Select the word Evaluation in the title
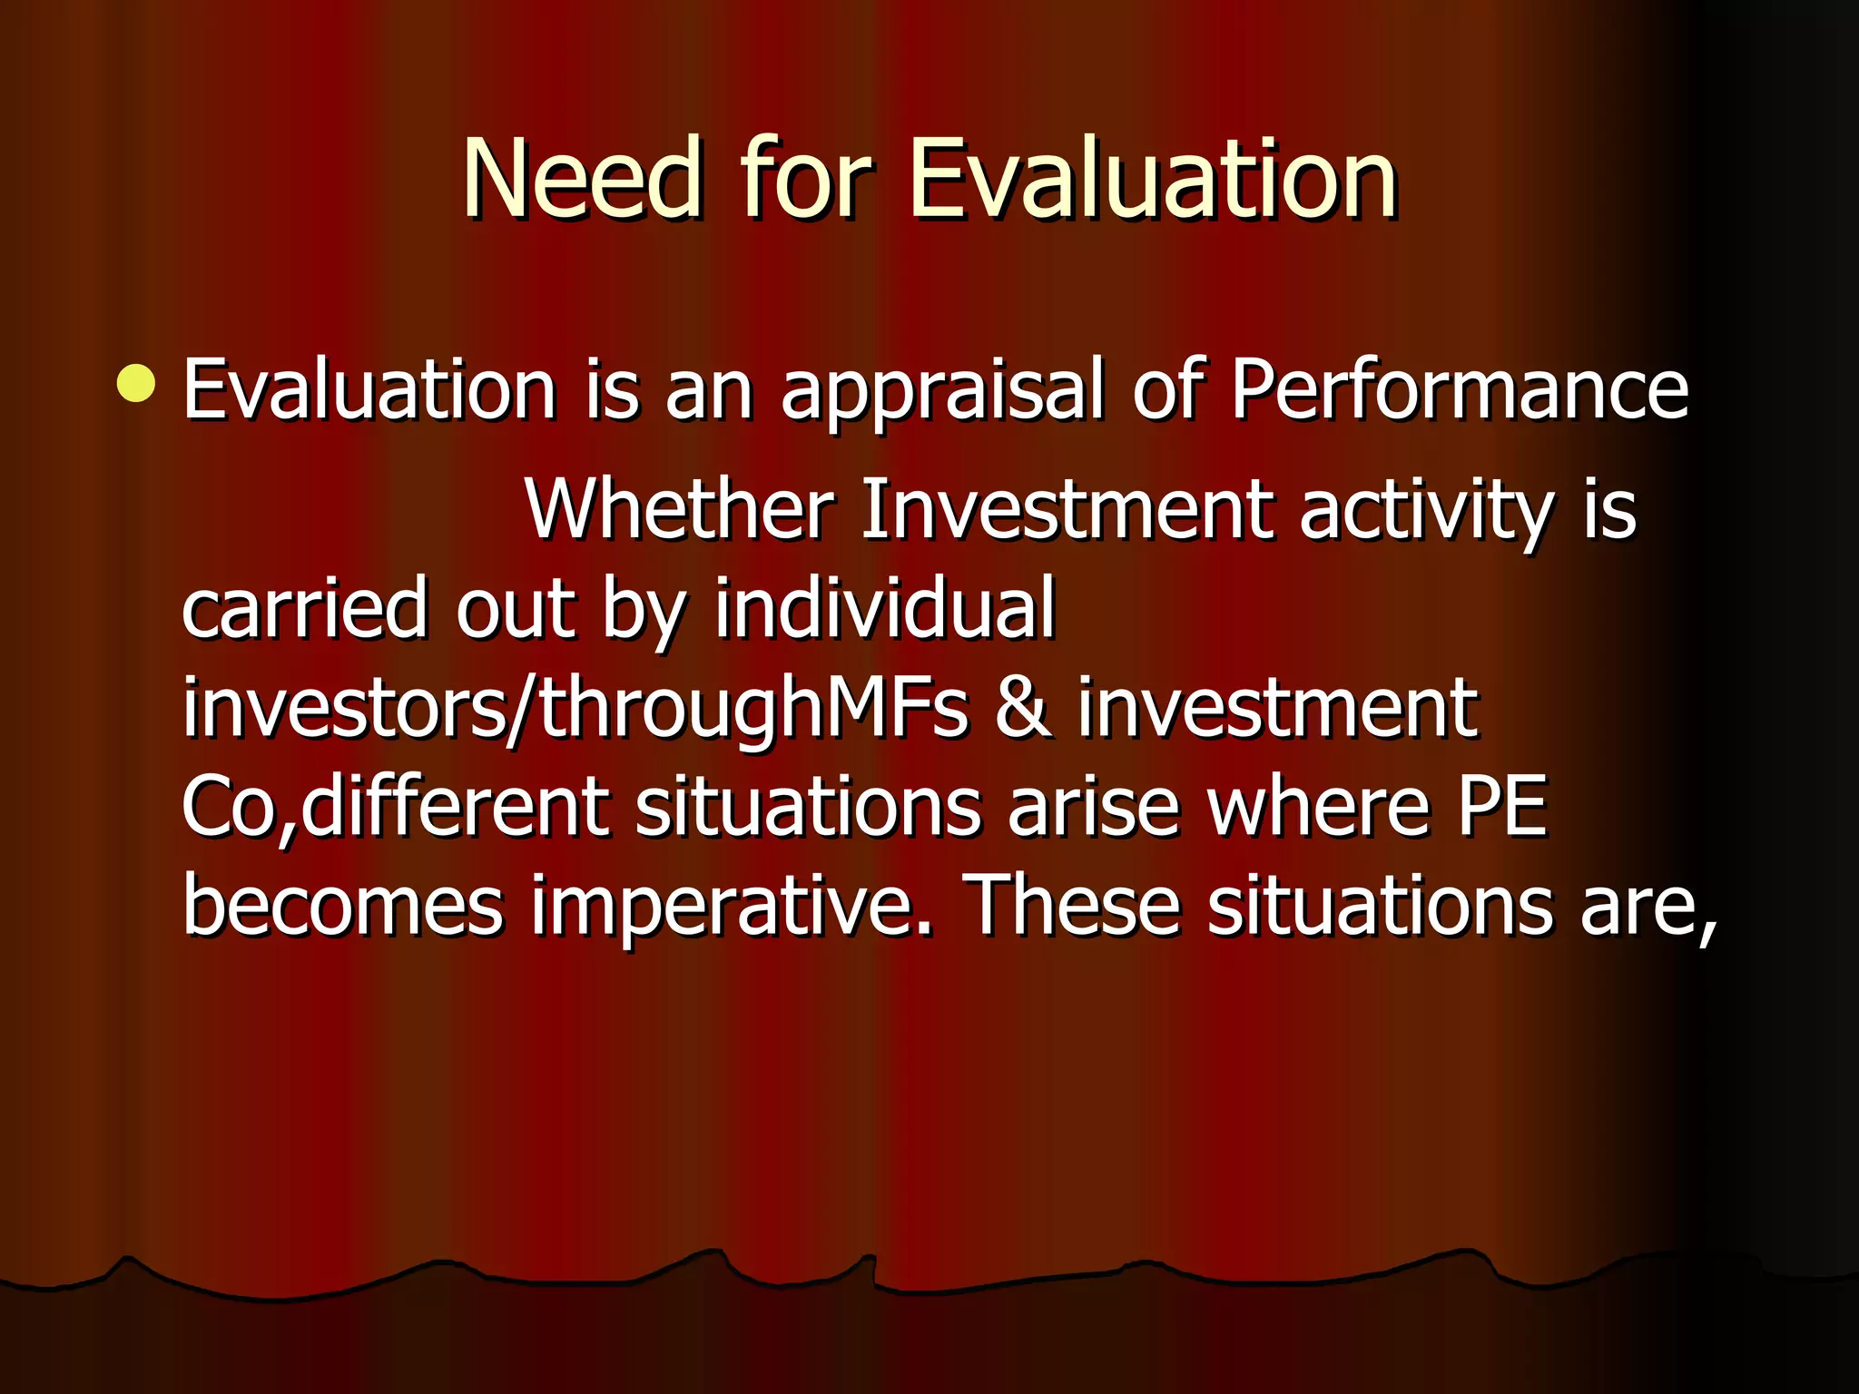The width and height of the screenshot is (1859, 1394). [x=1153, y=179]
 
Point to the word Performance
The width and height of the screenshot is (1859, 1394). [x=1459, y=390]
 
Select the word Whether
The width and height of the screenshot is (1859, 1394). [x=679, y=510]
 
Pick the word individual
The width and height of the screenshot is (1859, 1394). [x=885, y=608]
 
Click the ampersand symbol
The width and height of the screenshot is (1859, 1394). [x=1023, y=709]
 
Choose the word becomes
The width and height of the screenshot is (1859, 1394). [x=343, y=907]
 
